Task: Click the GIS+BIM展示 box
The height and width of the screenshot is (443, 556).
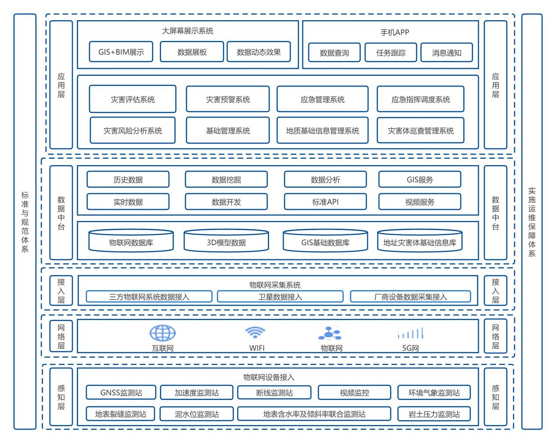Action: [x=121, y=52]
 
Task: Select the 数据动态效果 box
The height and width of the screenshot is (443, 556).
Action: [x=259, y=52]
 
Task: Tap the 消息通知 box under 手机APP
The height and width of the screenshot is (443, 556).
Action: [x=447, y=53]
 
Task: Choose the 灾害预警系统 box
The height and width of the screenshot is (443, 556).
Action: [x=228, y=99]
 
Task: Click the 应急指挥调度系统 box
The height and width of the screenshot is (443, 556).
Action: [x=421, y=99]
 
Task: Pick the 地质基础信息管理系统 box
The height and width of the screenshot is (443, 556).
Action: [x=322, y=130]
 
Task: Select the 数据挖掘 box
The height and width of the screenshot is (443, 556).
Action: [x=226, y=180]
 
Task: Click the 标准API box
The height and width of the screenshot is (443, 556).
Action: [x=325, y=202]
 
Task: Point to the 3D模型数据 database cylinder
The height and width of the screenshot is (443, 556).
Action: [x=226, y=241]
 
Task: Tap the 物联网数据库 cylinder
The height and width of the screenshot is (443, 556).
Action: [x=131, y=241]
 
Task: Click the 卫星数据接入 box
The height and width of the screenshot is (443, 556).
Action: [x=280, y=297]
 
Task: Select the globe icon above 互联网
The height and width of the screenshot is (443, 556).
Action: [x=162, y=333]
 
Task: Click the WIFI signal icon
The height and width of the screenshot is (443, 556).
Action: [x=255, y=332]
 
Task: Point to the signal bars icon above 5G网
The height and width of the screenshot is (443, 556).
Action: [x=411, y=333]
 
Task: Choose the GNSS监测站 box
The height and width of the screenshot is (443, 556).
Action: [x=121, y=393]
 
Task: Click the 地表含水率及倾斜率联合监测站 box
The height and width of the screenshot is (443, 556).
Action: [x=314, y=414]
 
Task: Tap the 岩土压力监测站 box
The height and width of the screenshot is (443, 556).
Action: [x=434, y=414]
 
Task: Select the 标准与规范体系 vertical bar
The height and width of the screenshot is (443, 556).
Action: [x=25, y=221]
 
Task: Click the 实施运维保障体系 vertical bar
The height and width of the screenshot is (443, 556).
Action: [x=532, y=221]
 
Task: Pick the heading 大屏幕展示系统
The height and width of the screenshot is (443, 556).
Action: [x=188, y=31]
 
